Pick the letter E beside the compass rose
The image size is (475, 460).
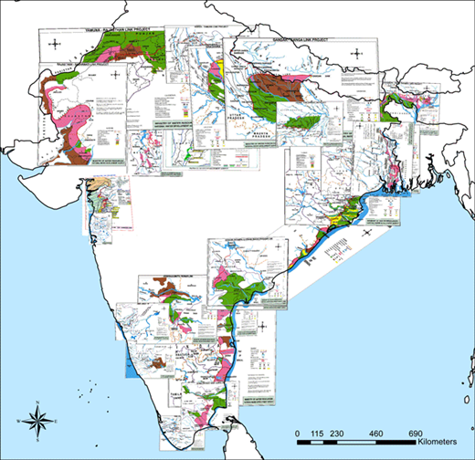tap(56, 421)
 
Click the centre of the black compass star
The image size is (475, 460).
tap(36, 421)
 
